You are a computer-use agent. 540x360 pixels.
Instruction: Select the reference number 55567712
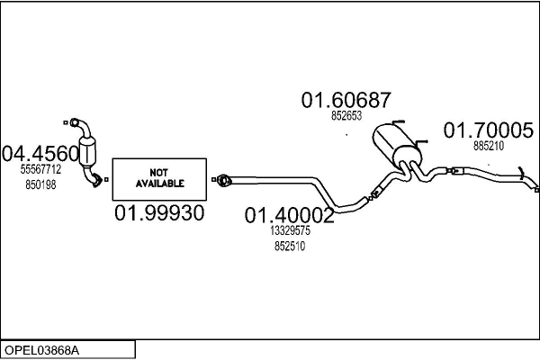40,168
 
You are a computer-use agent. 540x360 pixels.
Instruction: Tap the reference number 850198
40,184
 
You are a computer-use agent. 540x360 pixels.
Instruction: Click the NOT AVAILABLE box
159,177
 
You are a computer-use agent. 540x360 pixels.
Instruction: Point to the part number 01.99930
159,213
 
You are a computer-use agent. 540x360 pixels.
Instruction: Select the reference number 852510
288,247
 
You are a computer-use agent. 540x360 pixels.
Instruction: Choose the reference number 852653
346,115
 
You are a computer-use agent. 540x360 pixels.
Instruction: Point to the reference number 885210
489,146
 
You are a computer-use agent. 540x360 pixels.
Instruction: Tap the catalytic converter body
89,151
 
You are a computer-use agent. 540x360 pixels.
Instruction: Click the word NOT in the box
159,171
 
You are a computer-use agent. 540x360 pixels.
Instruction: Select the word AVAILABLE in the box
159,183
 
